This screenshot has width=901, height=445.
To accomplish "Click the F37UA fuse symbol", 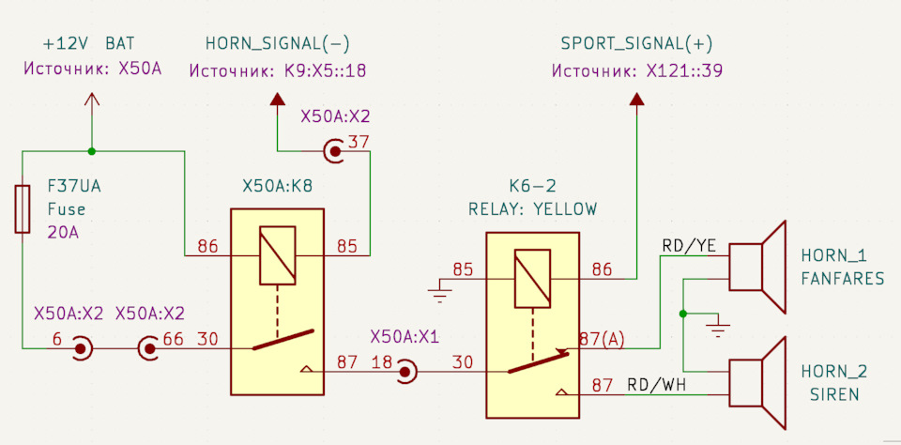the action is (x=23, y=209).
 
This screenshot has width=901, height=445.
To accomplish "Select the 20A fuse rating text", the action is (x=63, y=234).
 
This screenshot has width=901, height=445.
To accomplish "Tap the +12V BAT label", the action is (x=89, y=44).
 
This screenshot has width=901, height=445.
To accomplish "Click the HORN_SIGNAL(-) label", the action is (x=278, y=44).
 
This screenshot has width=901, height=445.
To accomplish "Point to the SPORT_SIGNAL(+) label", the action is (x=636, y=44).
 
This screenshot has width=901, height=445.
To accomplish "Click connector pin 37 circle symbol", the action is (x=334, y=152).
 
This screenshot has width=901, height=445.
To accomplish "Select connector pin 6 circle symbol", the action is (x=81, y=348).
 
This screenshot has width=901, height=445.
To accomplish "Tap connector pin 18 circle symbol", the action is (x=405, y=372).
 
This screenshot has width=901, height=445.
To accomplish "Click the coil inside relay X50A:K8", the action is (x=278, y=255).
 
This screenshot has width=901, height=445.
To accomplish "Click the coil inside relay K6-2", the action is (x=533, y=279).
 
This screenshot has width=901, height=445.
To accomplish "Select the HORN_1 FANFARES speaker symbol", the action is (x=756, y=268).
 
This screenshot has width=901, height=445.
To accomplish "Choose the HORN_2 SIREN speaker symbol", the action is (x=756, y=383).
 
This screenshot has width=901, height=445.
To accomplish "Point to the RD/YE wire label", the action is (x=689, y=246).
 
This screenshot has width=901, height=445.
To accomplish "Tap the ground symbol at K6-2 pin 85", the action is (x=440, y=291).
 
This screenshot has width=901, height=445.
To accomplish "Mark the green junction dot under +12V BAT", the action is (x=91, y=151).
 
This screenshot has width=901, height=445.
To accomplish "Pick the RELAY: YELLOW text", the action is (x=533, y=208).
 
